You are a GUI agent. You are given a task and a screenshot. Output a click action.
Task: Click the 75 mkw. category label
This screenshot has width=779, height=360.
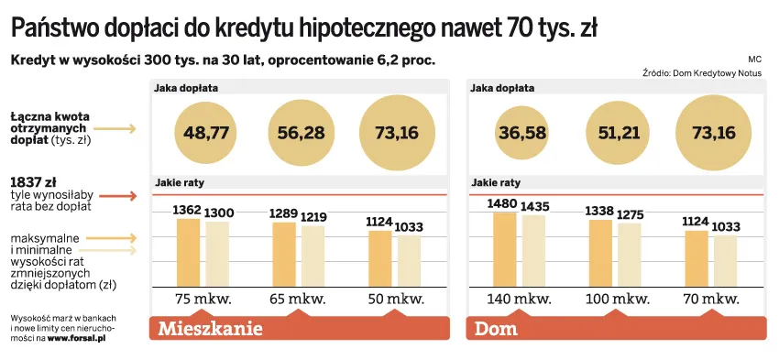(203, 300)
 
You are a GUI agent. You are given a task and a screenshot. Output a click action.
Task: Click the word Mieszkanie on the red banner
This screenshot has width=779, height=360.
(212, 328)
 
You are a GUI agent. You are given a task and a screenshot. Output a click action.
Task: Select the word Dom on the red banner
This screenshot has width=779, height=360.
(496, 328)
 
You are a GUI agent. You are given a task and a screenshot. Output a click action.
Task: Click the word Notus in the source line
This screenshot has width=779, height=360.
(749, 71)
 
